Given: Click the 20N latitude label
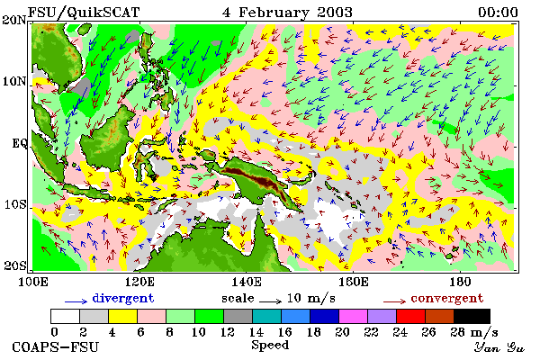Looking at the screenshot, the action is tap(14, 20).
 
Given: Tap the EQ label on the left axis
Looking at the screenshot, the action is tap(19, 143).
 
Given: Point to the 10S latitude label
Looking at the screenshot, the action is tap(15, 204).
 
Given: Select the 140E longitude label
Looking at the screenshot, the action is tap(246, 282).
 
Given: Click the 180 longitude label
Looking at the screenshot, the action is tap(460, 282).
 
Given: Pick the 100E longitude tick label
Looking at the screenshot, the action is tap(32, 282).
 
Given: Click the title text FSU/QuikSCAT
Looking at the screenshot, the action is tap(84, 13).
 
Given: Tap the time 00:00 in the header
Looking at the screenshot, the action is tap(498, 13).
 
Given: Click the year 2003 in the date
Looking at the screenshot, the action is tap(335, 13).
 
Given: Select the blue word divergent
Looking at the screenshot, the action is tap(123, 298).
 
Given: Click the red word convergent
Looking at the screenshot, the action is tap(447, 298).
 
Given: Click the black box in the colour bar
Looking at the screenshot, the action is tap(472, 316).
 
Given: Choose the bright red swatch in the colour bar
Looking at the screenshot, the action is tap(410, 316).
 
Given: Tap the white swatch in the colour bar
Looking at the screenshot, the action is tap(65, 316).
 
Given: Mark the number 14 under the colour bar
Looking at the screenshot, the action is tap(256, 332).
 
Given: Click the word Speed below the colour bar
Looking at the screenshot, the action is tap(270, 346).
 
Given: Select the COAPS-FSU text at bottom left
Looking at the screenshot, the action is tap(55, 346).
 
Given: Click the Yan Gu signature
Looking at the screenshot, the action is tap(499, 347).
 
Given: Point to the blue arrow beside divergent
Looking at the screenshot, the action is tap(76, 301).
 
